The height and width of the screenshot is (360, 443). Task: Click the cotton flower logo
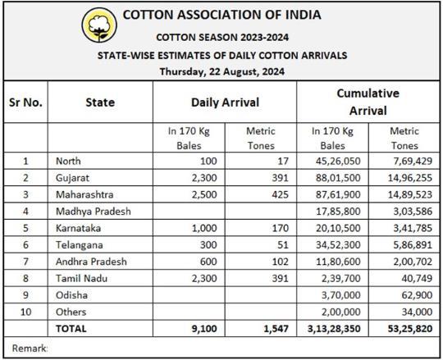[99, 25]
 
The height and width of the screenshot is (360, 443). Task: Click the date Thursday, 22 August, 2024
[222, 71]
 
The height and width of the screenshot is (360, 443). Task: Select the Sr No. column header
[25, 103]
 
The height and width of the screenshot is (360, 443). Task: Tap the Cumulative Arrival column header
[368, 102]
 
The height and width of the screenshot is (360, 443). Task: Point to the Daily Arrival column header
[225, 103]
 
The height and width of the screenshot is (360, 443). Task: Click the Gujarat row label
[72, 178]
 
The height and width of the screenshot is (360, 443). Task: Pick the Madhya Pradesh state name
[94, 212]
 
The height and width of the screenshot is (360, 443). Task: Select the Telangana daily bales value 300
[208, 245]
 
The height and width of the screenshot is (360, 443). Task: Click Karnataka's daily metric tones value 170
[280, 228]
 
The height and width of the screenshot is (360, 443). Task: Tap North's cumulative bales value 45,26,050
[338, 162]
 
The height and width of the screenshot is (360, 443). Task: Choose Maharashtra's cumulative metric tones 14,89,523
[409, 194]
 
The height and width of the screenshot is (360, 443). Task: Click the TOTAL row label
[71, 329]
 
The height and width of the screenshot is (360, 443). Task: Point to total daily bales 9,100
[204, 329]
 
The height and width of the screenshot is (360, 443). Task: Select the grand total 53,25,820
[409, 329]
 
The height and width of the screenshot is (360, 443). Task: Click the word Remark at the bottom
[30, 349]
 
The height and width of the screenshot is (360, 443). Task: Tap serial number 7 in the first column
[25, 262]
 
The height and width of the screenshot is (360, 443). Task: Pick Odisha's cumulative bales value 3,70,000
[340, 295]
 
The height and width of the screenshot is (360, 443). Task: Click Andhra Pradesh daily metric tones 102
[280, 262]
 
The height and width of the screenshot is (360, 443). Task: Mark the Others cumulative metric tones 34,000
[417, 312]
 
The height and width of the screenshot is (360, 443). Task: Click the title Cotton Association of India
[221, 15]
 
